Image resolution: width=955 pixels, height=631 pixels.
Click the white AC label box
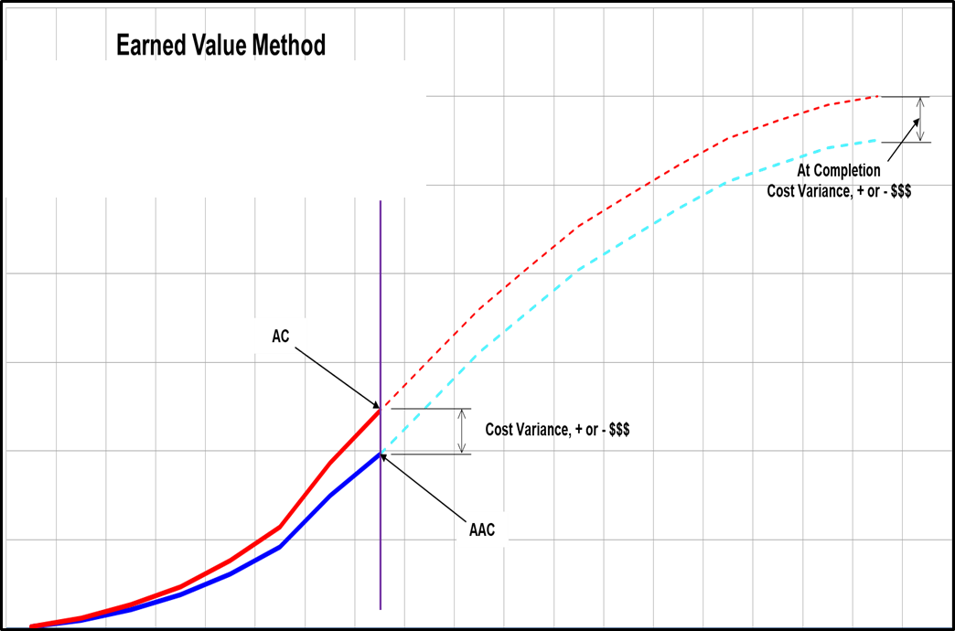click(280, 336)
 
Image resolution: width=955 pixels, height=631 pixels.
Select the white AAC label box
click(482, 529)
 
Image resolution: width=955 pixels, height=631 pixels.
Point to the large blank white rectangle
click(216, 128)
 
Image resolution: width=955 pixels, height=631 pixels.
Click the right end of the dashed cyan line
click(876, 140)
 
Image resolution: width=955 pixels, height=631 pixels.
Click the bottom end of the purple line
click(381, 609)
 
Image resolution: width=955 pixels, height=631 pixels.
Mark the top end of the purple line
click(381, 198)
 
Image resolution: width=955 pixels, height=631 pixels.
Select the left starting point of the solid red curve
click(31, 626)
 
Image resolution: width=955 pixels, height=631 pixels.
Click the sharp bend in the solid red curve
click(280, 527)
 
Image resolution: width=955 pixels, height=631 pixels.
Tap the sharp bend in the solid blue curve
click(282, 545)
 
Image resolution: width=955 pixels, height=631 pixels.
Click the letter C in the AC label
click(284, 337)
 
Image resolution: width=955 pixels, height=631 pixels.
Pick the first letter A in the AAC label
click(474, 530)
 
